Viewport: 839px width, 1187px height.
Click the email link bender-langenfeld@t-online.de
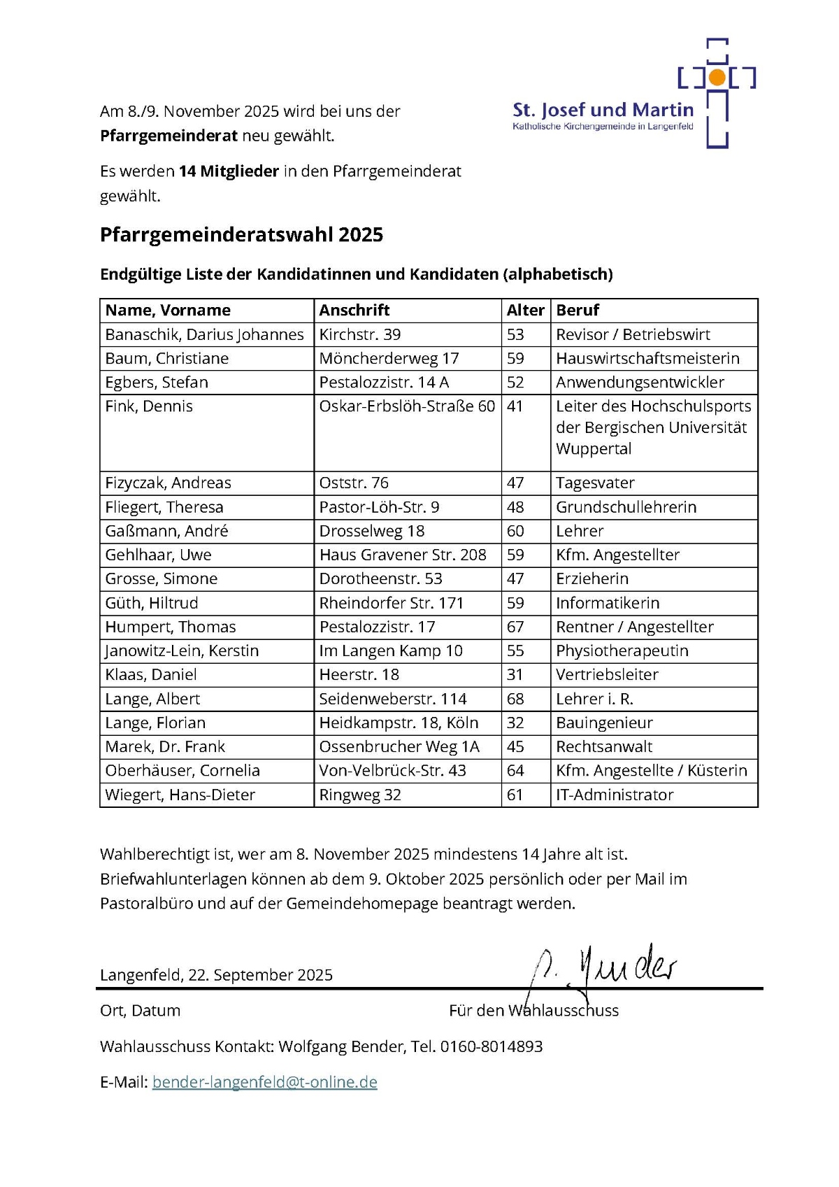click(x=264, y=1082)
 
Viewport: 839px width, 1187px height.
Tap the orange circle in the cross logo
click(x=717, y=77)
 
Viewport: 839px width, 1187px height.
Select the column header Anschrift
click(x=354, y=311)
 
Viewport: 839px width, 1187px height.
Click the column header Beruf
click(x=578, y=311)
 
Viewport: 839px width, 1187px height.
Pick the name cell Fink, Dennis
click(x=149, y=406)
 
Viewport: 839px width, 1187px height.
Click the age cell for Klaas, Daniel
click(x=515, y=675)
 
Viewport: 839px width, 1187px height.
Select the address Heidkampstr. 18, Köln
click(x=399, y=723)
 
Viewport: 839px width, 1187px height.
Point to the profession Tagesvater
click(x=595, y=483)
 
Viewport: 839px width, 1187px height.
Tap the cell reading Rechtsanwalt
click(x=604, y=747)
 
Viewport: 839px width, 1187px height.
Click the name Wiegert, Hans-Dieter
click(x=180, y=795)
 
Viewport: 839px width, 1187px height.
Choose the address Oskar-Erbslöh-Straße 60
click(x=407, y=406)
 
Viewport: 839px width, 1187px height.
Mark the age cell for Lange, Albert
click(x=515, y=699)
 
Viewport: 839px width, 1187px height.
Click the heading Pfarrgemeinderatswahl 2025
click(x=241, y=234)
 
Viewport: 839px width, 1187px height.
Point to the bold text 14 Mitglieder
click(x=229, y=171)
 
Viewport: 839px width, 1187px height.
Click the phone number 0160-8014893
click(x=491, y=1046)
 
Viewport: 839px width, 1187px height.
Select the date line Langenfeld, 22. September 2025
click(x=216, y=975)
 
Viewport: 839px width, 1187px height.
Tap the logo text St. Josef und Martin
click(x=603, y=110)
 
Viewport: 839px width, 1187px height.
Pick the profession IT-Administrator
click(x=615, y=795)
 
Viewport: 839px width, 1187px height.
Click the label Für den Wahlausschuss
click(x=533, y=1011)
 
